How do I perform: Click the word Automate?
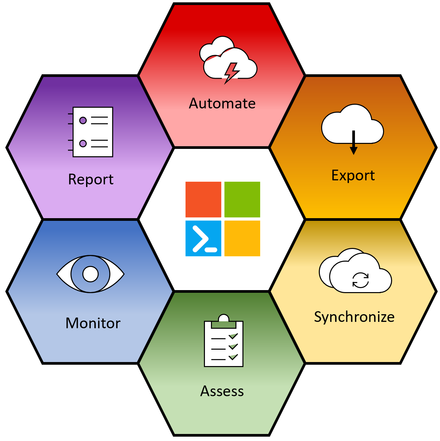click(222, 103)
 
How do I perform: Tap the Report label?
click(91, 179)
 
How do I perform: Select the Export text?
click(353, 175)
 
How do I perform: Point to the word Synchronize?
click(354, 317)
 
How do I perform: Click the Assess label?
click(222, 391)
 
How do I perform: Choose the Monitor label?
click(93, 323)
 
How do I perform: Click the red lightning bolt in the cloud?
click(231, 72)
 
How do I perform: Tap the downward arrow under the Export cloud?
click(353, 144)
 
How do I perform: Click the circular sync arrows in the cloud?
click(360, 280)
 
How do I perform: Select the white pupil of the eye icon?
click(90, 274)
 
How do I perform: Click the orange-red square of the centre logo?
click(203, 199)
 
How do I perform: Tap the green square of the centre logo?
click(242, 199)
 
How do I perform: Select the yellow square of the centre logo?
click(242, 238)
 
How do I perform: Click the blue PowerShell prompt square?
click(203, 238)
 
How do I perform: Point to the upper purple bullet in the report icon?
click(83, 120)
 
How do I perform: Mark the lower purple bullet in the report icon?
click(83, 144)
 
